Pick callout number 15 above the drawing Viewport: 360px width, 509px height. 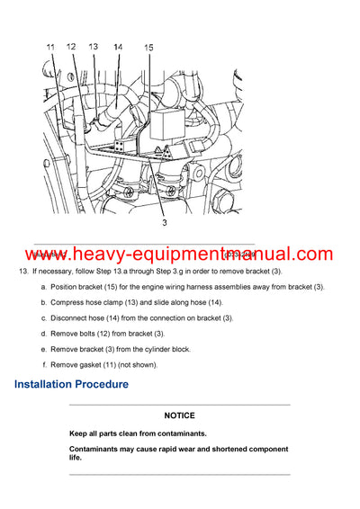click(x=148, y=47)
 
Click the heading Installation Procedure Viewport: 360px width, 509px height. click(x=71, y=384)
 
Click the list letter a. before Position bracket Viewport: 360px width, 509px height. click(x=43, y=286)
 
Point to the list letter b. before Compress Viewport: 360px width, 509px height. click(x=43, y=302)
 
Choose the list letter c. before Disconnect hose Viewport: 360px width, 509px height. click(x=43, y=317)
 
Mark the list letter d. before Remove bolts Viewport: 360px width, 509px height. click(x=43, y=334)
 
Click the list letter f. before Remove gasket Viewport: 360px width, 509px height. click(x=44, y=364)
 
